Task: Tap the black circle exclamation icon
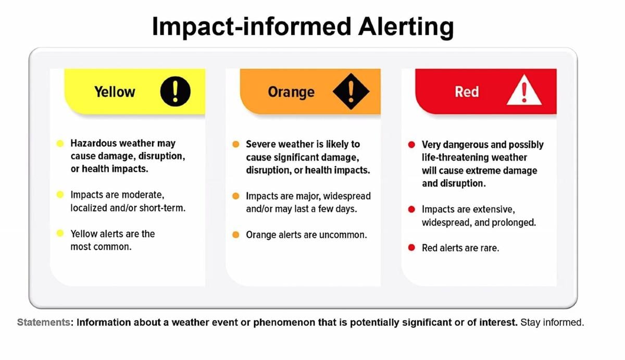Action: point(175,92)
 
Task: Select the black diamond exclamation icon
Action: point(351,92)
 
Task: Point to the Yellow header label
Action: point(115,92)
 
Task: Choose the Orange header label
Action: point(291,92)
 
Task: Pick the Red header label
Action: point(467,92)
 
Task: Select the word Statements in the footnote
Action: point(44,322)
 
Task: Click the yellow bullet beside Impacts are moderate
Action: point(60,195)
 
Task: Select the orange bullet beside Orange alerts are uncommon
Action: point(236,235)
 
